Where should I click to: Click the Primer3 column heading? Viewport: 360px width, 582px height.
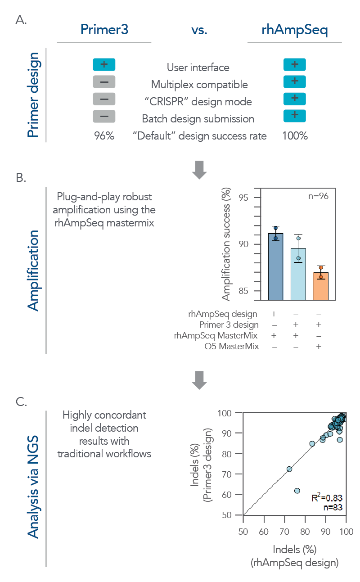click(x=104, y=29)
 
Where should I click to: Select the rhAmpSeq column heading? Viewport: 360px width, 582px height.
click(x=295, y=29)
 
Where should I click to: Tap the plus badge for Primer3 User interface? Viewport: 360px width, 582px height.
click(x=104, y=64)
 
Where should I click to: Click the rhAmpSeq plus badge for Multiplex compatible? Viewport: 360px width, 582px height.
click(x=295, y=81)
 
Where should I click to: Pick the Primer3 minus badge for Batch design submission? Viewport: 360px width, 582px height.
click(x=104, y=116)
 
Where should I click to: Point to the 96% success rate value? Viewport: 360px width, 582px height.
click(x=104, y=135)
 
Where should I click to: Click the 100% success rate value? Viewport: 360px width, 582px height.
click(x=295, y=135)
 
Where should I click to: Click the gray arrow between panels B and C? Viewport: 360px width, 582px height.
click(x=199, y=381)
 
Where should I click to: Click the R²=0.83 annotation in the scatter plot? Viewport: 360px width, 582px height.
click(x=327, y=498)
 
